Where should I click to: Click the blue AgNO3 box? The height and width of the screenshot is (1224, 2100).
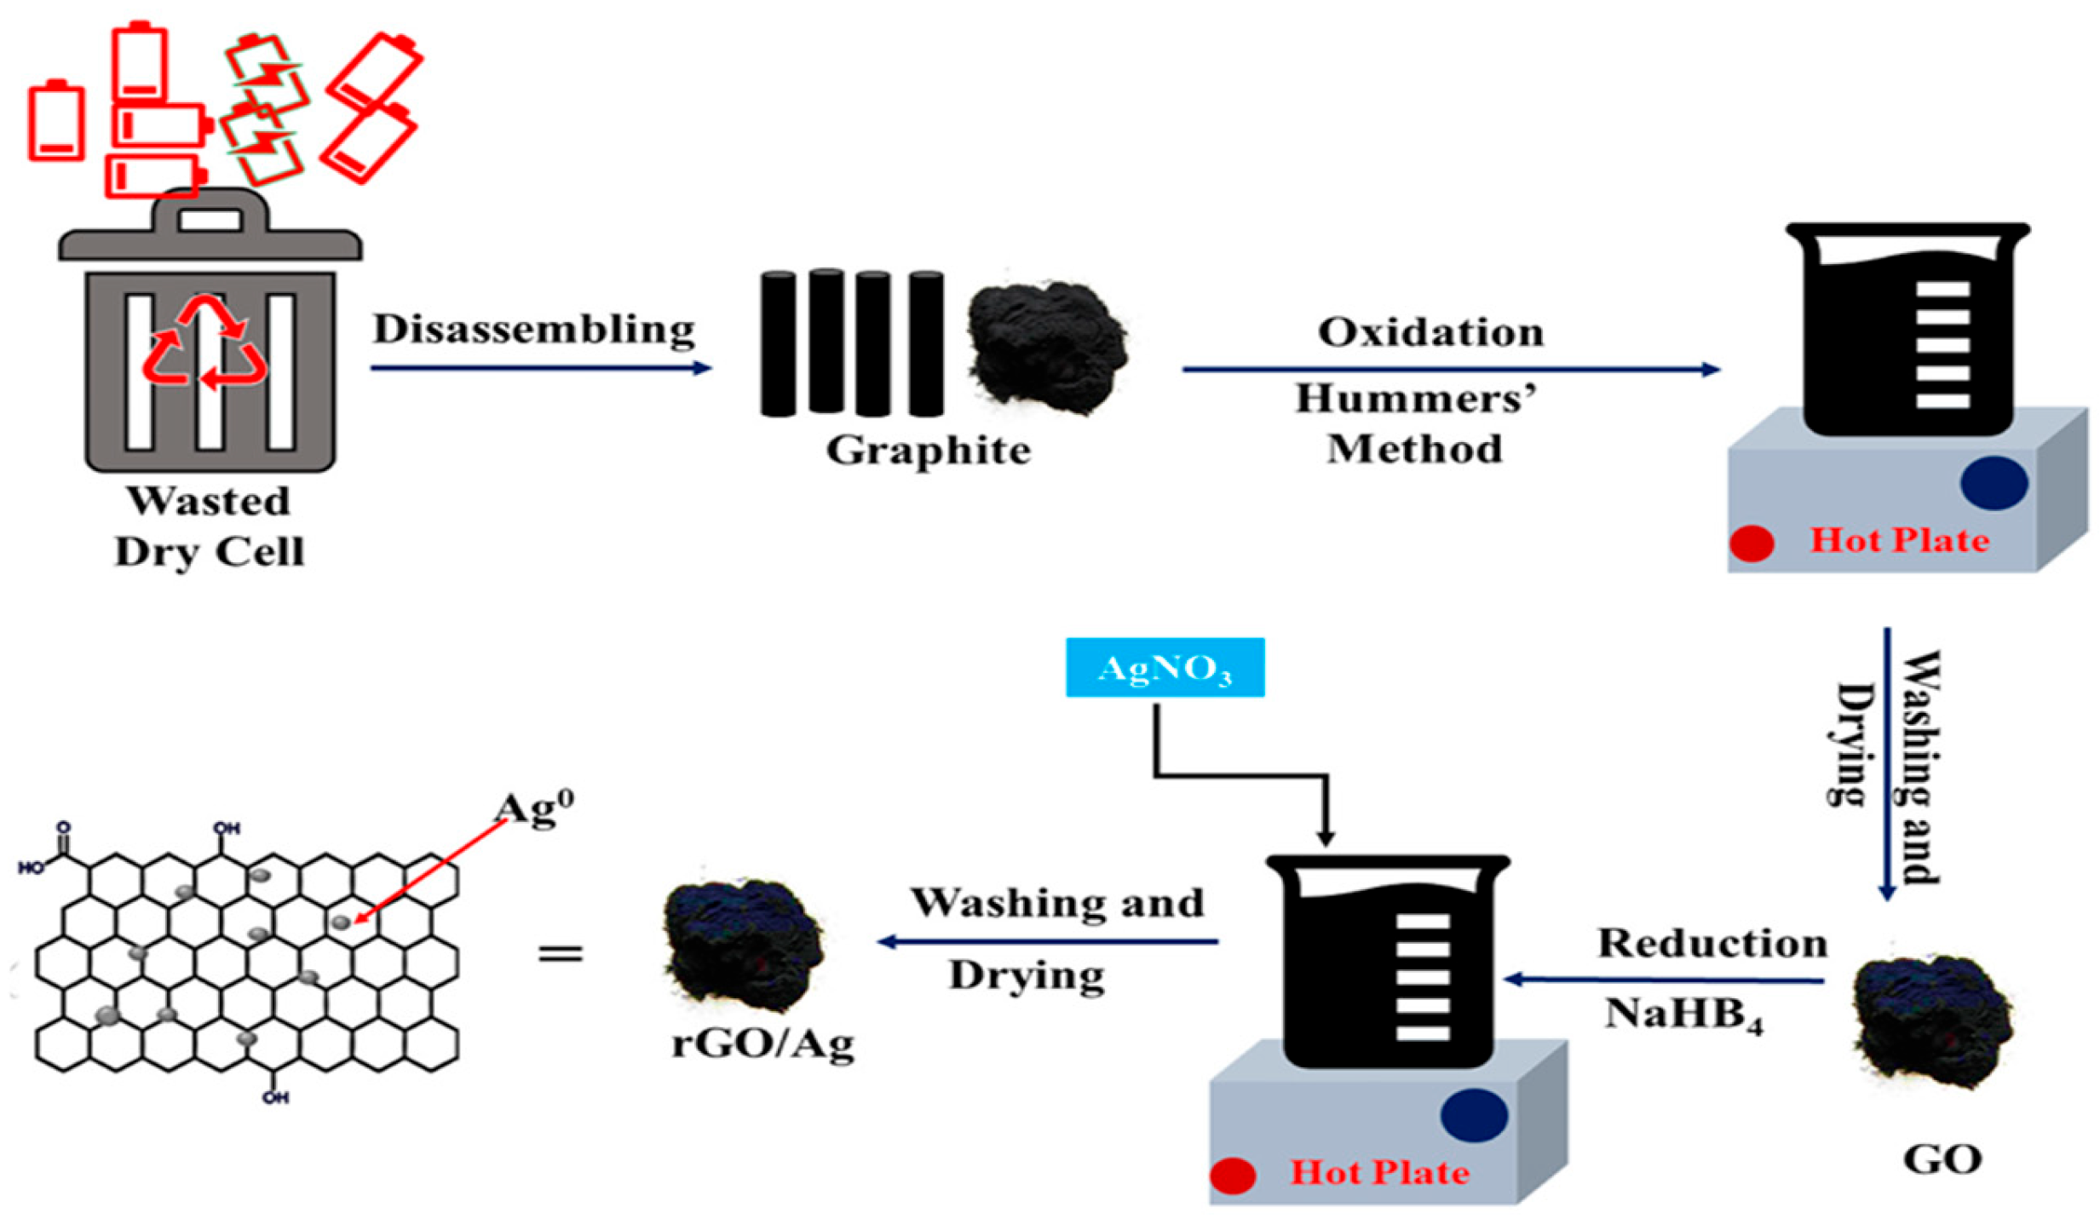click(x=1164, y=667)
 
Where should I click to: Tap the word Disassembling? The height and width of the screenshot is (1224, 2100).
click(x=533, y=330)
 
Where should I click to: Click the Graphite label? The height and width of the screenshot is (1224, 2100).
click(x=927, y=451)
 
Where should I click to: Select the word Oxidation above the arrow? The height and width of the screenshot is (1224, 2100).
click(x=1430, y=332)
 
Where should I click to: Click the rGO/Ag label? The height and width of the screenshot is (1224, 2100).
click(x=762, y=1043)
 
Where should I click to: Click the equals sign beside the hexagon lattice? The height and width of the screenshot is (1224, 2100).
click(x=560, y=951)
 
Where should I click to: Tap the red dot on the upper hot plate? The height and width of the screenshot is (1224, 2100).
click(x=1751, y=543)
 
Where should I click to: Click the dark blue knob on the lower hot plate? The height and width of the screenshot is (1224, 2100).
click(x=1473, y=1115)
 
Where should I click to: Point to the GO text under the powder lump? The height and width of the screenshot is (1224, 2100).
click(x=1942, y=1159)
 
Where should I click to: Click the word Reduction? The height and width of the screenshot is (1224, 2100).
click(x=1712, y=944)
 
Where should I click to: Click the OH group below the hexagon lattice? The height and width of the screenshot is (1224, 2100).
click(x=274, y=1097)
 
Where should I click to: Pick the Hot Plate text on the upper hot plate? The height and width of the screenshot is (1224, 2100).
click(x=1899, y=541)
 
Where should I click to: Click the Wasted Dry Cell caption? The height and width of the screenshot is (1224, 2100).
click(x=209, y=526)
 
